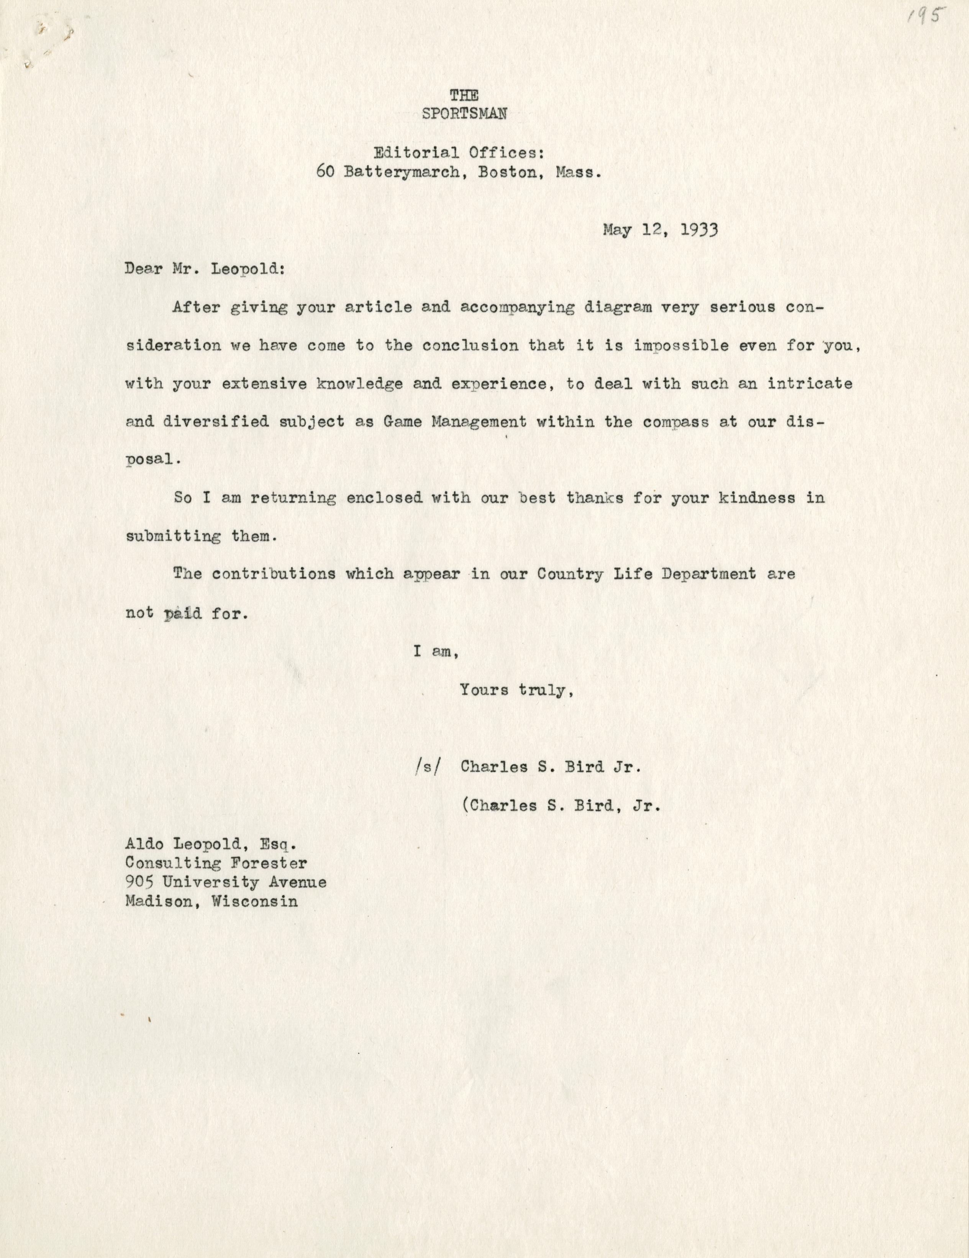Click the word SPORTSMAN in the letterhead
point(464,113)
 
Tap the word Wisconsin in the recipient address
point(254,901)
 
